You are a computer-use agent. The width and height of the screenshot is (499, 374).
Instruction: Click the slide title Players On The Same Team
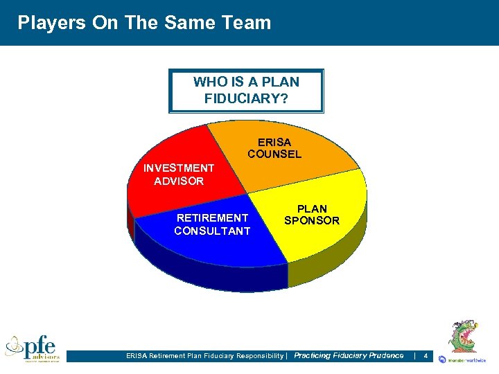pos(144,23)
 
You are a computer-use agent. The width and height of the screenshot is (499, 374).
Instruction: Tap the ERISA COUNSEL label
pos(274,148)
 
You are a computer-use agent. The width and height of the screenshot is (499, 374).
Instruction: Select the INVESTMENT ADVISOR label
pos(179,175)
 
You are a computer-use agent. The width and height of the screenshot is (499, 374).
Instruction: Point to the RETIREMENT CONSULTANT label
pos(212,224)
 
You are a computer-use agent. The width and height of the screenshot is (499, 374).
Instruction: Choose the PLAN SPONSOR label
pos(312,215)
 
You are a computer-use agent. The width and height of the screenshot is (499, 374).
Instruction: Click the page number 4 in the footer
pos(426,356)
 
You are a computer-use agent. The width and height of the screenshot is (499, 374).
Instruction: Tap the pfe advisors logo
pos(33,348)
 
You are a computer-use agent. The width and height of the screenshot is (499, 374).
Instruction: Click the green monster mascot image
pos(462,337)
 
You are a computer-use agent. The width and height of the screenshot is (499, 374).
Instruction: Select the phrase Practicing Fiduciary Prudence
pos(349,355)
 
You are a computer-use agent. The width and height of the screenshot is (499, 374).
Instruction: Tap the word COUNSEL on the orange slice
pos(274,154)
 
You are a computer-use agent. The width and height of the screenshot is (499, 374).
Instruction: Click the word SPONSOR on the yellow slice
pos(312,221)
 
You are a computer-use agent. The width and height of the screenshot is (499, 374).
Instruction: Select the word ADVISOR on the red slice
pos(179,181)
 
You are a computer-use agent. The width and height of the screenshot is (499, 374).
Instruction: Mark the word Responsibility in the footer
pos(255,356)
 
